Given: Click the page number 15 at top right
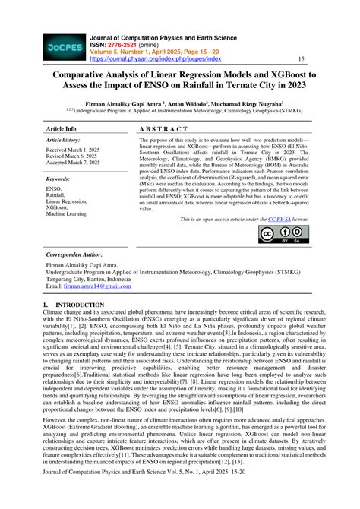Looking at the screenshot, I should click(x=301, y=58).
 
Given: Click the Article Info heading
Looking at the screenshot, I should click(x=62, y=129).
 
